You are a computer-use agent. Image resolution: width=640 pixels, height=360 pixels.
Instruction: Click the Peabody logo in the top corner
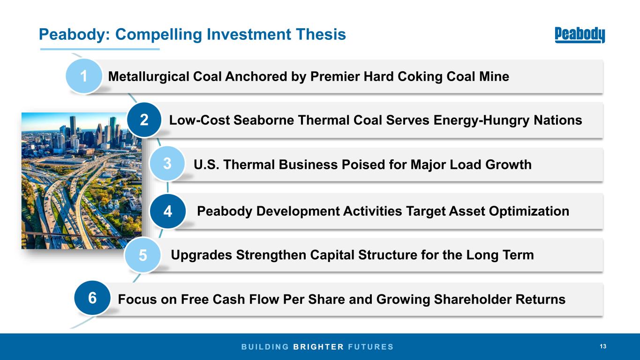pos(580,35)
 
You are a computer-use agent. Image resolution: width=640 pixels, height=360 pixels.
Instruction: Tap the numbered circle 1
pos(84,76)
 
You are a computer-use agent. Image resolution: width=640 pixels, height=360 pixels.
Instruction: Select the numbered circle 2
pos(144,120)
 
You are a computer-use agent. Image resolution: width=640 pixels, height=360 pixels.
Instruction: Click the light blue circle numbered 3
pos(167,164)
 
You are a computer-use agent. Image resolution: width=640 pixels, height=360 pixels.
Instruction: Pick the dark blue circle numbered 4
pos(168,211)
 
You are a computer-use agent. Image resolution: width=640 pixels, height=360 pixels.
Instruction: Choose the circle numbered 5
pos(143,255)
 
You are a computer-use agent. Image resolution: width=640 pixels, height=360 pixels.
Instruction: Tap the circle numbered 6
pos(92,298)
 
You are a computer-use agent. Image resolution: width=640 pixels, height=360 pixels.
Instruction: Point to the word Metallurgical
pos(149,76)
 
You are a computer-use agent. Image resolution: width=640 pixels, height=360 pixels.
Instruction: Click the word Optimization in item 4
pos(529,211)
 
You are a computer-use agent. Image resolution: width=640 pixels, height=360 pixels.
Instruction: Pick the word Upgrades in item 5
pos(202,255)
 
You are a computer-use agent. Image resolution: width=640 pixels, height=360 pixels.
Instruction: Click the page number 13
pos(603,346)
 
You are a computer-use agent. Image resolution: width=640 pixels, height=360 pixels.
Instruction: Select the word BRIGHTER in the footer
pos(318,347)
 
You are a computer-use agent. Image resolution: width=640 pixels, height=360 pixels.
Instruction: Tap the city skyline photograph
pos(82,180)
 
